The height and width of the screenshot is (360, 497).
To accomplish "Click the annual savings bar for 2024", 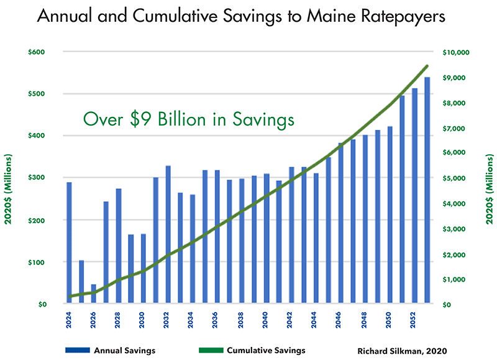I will (69, 243).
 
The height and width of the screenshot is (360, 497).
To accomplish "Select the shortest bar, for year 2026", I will (94, 294).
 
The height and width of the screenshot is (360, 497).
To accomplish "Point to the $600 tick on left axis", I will (38, 52).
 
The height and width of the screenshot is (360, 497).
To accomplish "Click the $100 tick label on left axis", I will (38, 262).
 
